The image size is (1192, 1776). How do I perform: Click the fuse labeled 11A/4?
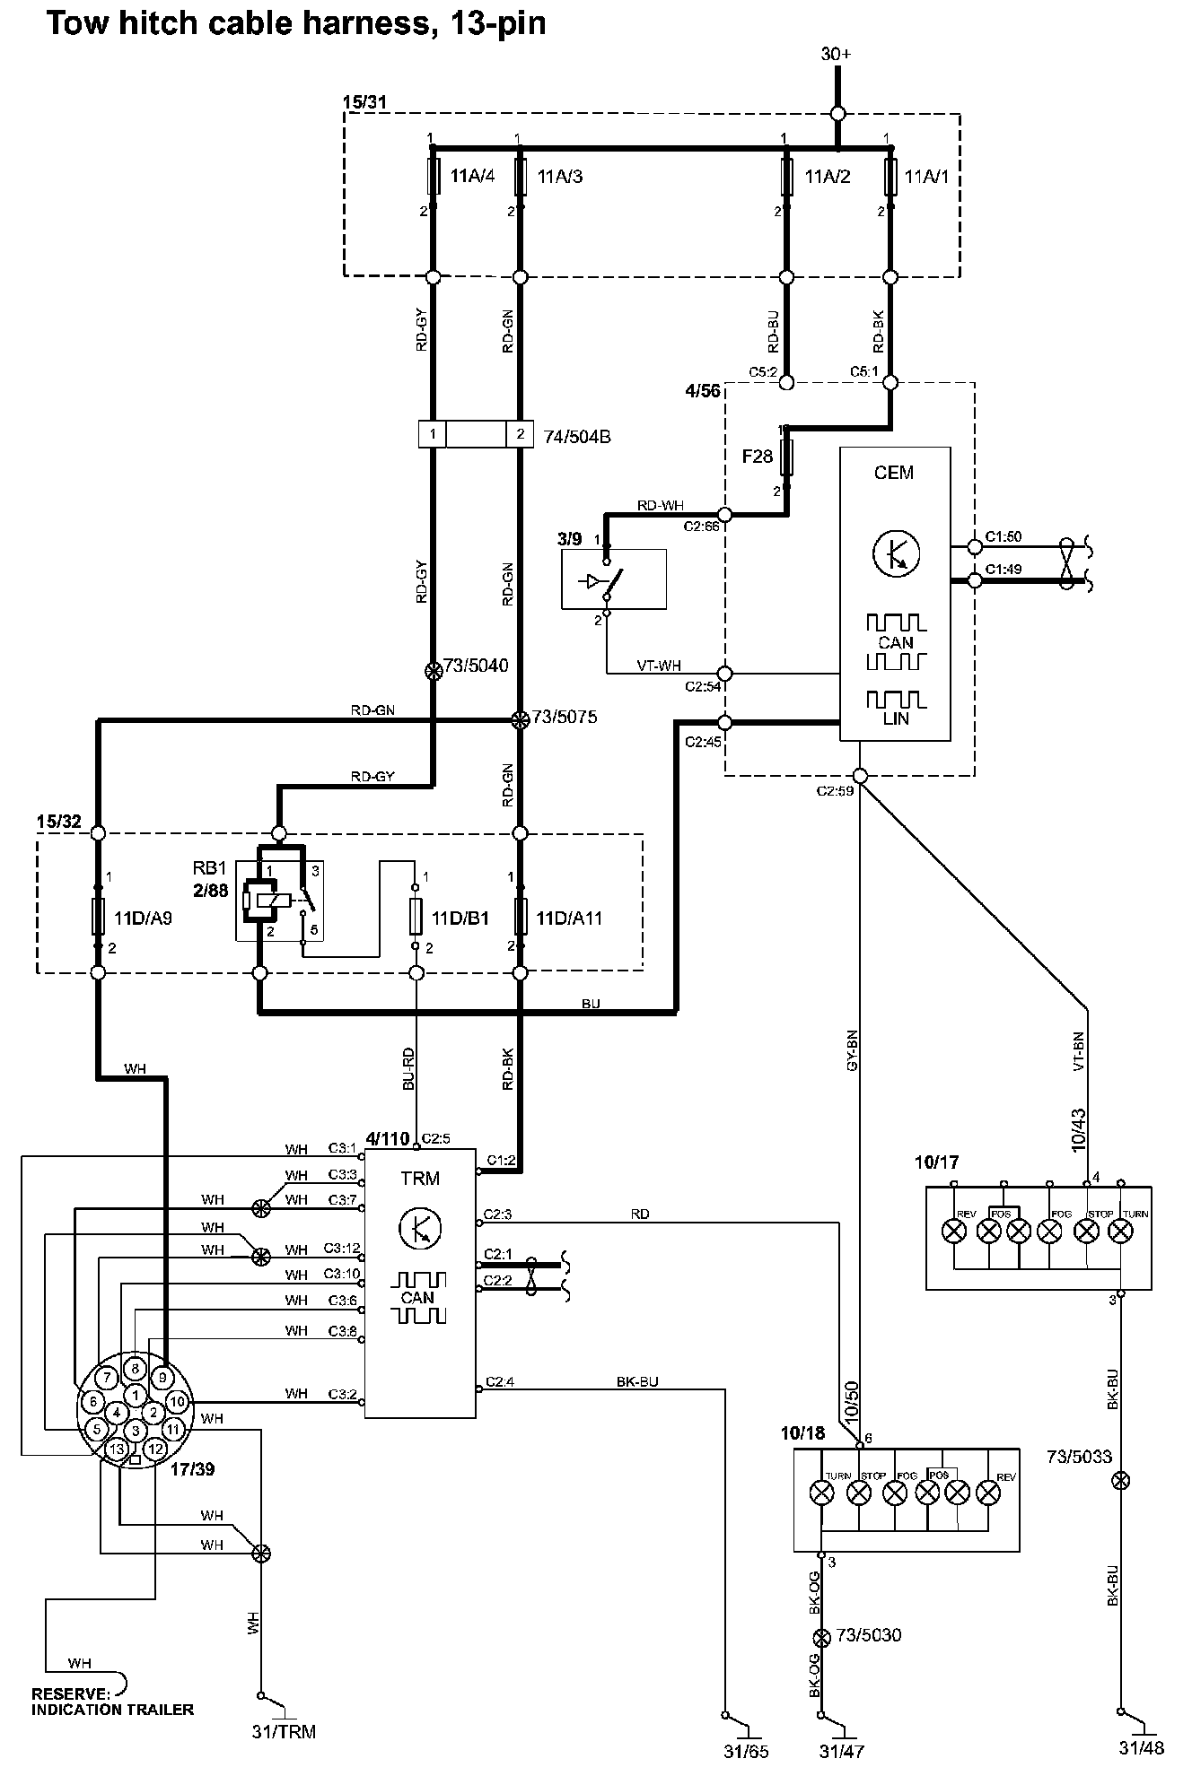(433, 177)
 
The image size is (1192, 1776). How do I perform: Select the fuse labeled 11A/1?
(890, 177)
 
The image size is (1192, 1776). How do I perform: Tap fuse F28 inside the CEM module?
(787, 457)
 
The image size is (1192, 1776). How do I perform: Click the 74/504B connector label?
(577, 437)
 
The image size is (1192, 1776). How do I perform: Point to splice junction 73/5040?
(433, 670)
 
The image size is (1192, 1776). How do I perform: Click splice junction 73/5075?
(519, 719)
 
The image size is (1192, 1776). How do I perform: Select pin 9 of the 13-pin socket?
(162, 1377)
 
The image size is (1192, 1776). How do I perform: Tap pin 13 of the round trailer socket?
(117, 1449)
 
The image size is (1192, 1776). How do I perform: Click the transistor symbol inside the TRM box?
(419, 1228)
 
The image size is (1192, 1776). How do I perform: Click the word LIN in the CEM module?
(896, 718)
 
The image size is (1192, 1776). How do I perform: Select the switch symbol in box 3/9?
(608, 580)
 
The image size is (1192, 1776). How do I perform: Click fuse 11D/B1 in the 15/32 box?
(416, 918)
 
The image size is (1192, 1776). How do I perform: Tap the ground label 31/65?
(746, 1751)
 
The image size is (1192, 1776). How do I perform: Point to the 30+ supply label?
(837, 54)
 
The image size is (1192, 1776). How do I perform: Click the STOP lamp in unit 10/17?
(1087, 1231)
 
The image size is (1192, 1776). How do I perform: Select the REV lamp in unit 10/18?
(988, 1493)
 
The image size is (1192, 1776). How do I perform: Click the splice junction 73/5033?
(1119, 1479)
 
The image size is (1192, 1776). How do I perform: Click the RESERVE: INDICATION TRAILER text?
(112, 1702)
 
